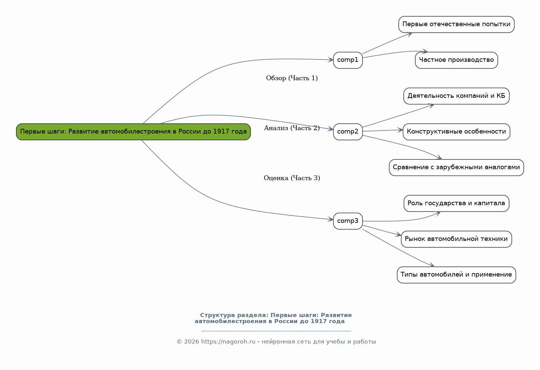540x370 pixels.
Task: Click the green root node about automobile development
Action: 133,132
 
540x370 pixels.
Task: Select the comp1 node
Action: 348,60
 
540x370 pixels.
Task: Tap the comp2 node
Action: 348,132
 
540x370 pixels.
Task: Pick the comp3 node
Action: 348,221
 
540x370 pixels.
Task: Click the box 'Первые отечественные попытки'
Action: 456,24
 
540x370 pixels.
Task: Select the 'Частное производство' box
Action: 456,60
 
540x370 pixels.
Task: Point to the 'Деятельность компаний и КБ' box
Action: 456,96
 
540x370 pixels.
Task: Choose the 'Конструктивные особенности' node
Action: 456,132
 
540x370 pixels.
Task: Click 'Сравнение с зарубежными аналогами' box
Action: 456,168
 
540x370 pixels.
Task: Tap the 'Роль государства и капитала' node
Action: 456,204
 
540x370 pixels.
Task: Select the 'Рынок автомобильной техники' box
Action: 456,239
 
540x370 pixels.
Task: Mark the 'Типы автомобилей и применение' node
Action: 456,275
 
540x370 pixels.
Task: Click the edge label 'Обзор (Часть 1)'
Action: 292,78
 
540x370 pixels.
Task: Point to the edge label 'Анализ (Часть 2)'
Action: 292,128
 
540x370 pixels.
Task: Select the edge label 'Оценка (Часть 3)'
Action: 292,178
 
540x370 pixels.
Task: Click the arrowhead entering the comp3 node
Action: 331,219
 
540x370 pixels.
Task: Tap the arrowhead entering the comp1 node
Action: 331,60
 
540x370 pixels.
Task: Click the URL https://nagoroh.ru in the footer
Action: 228,342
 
